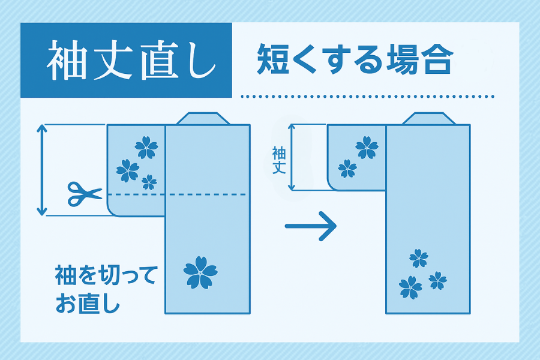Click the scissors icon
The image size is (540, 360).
click(x=85, y=194)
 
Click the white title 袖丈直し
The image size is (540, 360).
click(x=131, y=60)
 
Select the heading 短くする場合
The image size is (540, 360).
click(x=355, y=59)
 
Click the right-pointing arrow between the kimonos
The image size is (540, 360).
click(x=310, y=226)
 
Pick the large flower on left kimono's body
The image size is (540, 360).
click(x=200, y=272)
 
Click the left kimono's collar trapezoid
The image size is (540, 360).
click(x=203, y=119)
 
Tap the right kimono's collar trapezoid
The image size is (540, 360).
click(x=429, y=119)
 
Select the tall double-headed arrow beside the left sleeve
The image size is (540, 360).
click(x=41, y=170)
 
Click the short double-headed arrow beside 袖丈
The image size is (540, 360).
click(x=292, y=157)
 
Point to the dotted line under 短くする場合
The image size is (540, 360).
click(x=367, y=97)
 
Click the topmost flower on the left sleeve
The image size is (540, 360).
click(x=146, y=148)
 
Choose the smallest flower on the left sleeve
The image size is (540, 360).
click(x=149, y=182)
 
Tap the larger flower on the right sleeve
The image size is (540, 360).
click(x=367, y=148)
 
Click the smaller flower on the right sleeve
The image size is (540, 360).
click(x=347, y=169)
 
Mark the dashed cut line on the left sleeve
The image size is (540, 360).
click(x=177, y=194)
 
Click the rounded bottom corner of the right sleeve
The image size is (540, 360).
click(x=334, y=185)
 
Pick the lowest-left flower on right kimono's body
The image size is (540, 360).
click(x=410, y=287)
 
